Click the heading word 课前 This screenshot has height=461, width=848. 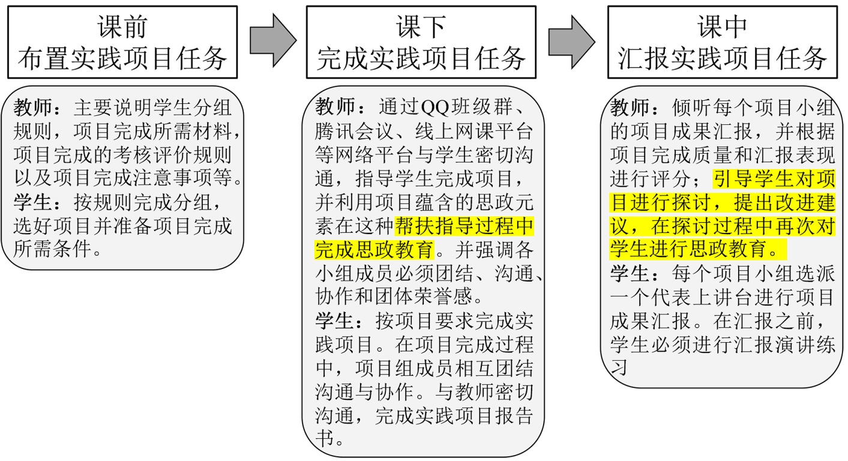(x=122, y=27)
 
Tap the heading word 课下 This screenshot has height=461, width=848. (x=421, y=27)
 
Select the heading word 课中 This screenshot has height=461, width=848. (x=722, y=27)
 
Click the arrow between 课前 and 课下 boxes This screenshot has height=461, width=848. (x=272, y=41)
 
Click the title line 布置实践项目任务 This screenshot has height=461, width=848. (x=122, y=59)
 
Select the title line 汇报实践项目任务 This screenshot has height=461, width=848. (x=722, y=59)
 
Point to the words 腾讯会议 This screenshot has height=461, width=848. (x=352, y=132)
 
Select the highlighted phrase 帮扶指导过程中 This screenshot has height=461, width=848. (x=464, y=227)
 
